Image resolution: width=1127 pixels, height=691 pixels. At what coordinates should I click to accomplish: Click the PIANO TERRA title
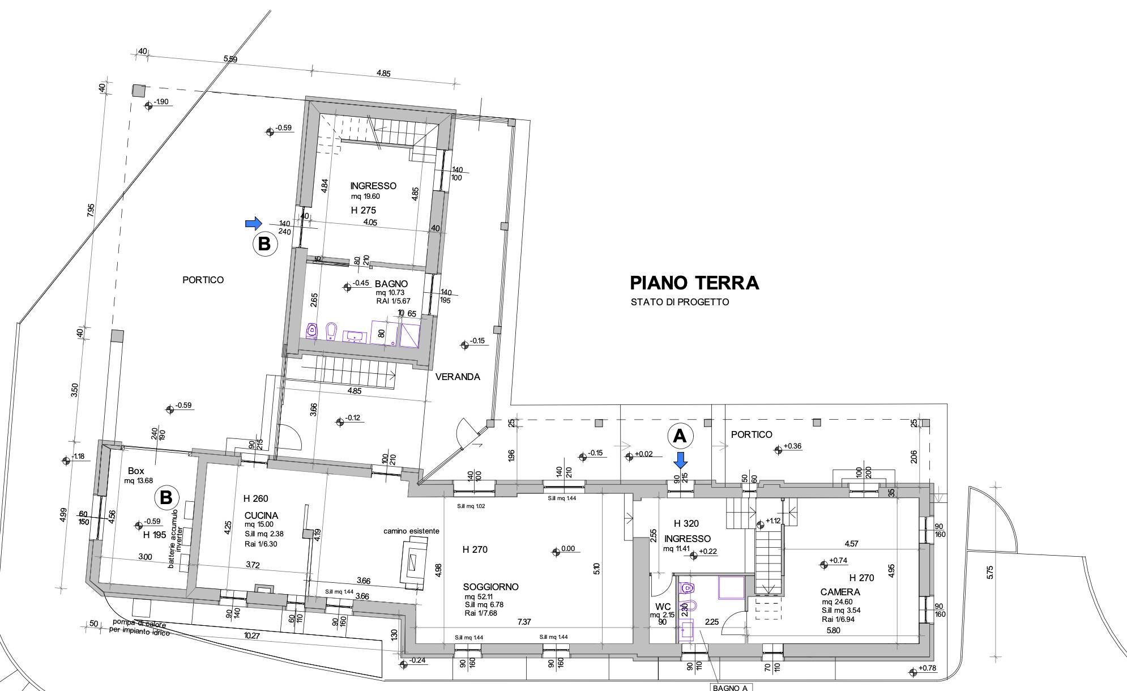click(694, 282)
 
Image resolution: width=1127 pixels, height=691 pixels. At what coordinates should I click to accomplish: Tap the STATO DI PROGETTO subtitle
click(680, 302)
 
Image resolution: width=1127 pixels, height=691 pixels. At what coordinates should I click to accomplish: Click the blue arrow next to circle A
click(681, 460)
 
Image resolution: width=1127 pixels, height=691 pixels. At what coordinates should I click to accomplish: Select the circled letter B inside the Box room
click(166, 498)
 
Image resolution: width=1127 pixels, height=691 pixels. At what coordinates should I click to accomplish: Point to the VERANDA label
click(458, 377)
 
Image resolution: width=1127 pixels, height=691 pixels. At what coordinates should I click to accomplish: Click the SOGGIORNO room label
click(490, 587)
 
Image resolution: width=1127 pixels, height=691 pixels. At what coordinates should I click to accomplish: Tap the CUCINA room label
click(261, 515)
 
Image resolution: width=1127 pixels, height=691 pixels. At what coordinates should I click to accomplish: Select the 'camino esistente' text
click(411, 531)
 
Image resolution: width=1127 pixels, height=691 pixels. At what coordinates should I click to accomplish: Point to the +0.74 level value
click(838, 561)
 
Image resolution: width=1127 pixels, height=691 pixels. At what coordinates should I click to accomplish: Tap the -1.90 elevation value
click(161, 102)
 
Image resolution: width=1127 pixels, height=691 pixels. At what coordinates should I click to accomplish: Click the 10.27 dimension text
click(252, 636)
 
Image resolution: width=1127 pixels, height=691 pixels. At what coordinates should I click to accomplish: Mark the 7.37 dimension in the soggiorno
click(524, 622)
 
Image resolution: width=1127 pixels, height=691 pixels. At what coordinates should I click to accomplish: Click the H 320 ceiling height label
click(686, 523)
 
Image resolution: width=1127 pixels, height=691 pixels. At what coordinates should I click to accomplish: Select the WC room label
click(663, 607)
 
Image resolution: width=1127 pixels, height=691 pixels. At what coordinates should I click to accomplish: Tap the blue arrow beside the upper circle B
click(254, 223)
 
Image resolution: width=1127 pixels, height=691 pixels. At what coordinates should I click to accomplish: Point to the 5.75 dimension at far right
click(989, 573)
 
